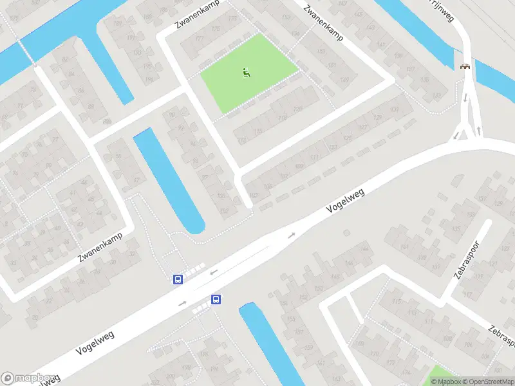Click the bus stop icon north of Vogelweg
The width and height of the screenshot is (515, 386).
coord(178,279)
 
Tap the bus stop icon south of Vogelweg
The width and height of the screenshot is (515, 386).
coord(216,299)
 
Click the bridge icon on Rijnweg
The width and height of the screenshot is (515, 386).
coord(465,66)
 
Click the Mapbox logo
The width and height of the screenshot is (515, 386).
coord(27,378)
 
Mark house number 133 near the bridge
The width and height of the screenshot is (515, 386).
coord(437,95)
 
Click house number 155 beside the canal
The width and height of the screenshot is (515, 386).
coord(291,318)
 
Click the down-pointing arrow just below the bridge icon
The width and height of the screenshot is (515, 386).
coord(465,98)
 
